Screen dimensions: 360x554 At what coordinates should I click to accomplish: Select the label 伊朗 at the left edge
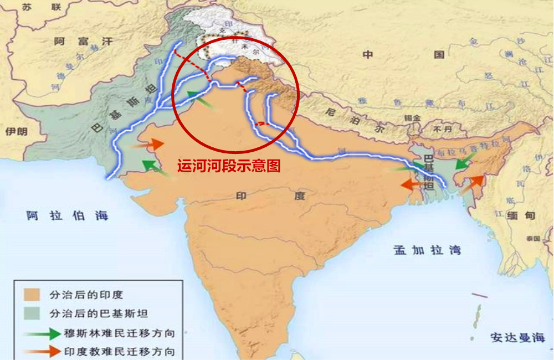click(16, 131)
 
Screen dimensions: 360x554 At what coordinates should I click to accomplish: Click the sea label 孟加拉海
click(427, 250)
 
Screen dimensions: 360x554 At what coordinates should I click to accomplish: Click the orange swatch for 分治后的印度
click(32, 294)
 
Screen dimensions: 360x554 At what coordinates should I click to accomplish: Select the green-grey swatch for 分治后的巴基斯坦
click(32, 313)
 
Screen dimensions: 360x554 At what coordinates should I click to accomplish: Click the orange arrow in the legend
click(42, 351)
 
